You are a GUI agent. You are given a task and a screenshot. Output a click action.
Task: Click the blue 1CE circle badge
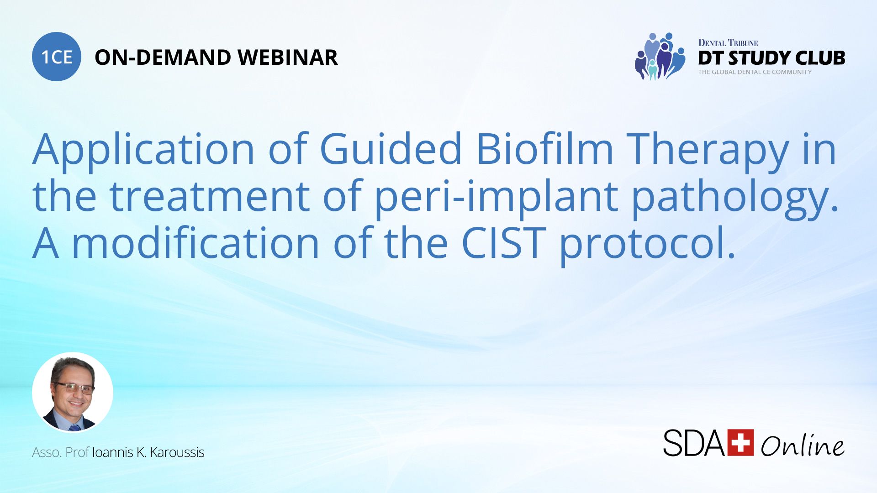point(56,57)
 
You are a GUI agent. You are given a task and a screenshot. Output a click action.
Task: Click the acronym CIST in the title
point(504,243)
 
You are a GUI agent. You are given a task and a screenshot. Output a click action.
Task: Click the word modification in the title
point(195,243)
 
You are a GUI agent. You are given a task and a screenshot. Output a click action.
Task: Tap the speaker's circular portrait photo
point(73,393)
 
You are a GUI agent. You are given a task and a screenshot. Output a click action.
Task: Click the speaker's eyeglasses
point(74,388)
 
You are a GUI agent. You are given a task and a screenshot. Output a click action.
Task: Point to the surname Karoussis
point(177,452)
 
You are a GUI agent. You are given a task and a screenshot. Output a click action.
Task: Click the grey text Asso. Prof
point(60,452)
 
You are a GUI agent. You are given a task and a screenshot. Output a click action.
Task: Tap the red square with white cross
point(740,442)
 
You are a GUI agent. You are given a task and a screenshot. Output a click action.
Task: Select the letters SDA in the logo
point(693,443)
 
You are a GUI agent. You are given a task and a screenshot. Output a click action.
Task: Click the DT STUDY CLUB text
point(771,58)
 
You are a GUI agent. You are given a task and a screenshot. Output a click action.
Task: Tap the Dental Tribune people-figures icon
point(660,57)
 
